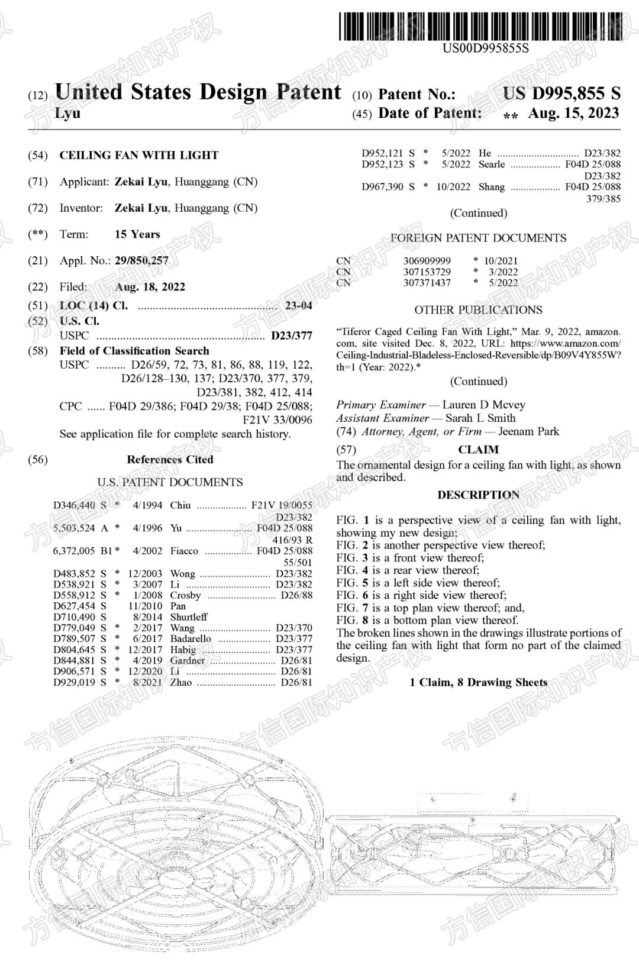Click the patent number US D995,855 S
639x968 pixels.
pyautogui.click(x=561, y=93)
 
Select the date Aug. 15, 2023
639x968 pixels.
pyautogui.click(x=573, y=113)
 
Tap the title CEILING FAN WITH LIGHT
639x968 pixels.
pyautogui.click(x=139, y=156)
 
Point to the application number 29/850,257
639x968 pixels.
pyautogui.click(x=141, y=260)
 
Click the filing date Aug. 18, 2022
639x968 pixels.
pyautogui.click(x=150, y=287)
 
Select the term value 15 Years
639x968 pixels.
pyautogui.click(x=137, y=234)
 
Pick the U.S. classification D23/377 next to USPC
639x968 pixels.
pyautogui.click(x=292, y=336)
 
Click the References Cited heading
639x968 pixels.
pyautogui.click(x=170, y=459)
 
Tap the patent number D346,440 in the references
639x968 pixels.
pyautogui.click(x=74, y=505)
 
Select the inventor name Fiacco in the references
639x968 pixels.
pyautogui.click(x=184, y=551)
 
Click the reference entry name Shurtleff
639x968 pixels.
pyautogui.click(x=189, y=617)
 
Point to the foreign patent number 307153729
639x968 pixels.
pyautogui.click(x=427, y=272)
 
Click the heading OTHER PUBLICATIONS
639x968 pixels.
pyautogui.click(x=478, y=310)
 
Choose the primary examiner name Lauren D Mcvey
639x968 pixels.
pyautogui.click(x=483, y=405)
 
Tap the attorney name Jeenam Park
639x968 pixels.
pyautogui.click(x=528, y=431)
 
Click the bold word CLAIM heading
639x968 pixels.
pyautogui.click(x=478, y=450)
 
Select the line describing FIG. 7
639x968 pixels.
pyautogui.click(x=430, y=608)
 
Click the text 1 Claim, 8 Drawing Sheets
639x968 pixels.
pyautogui.click(x=478, y=683)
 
